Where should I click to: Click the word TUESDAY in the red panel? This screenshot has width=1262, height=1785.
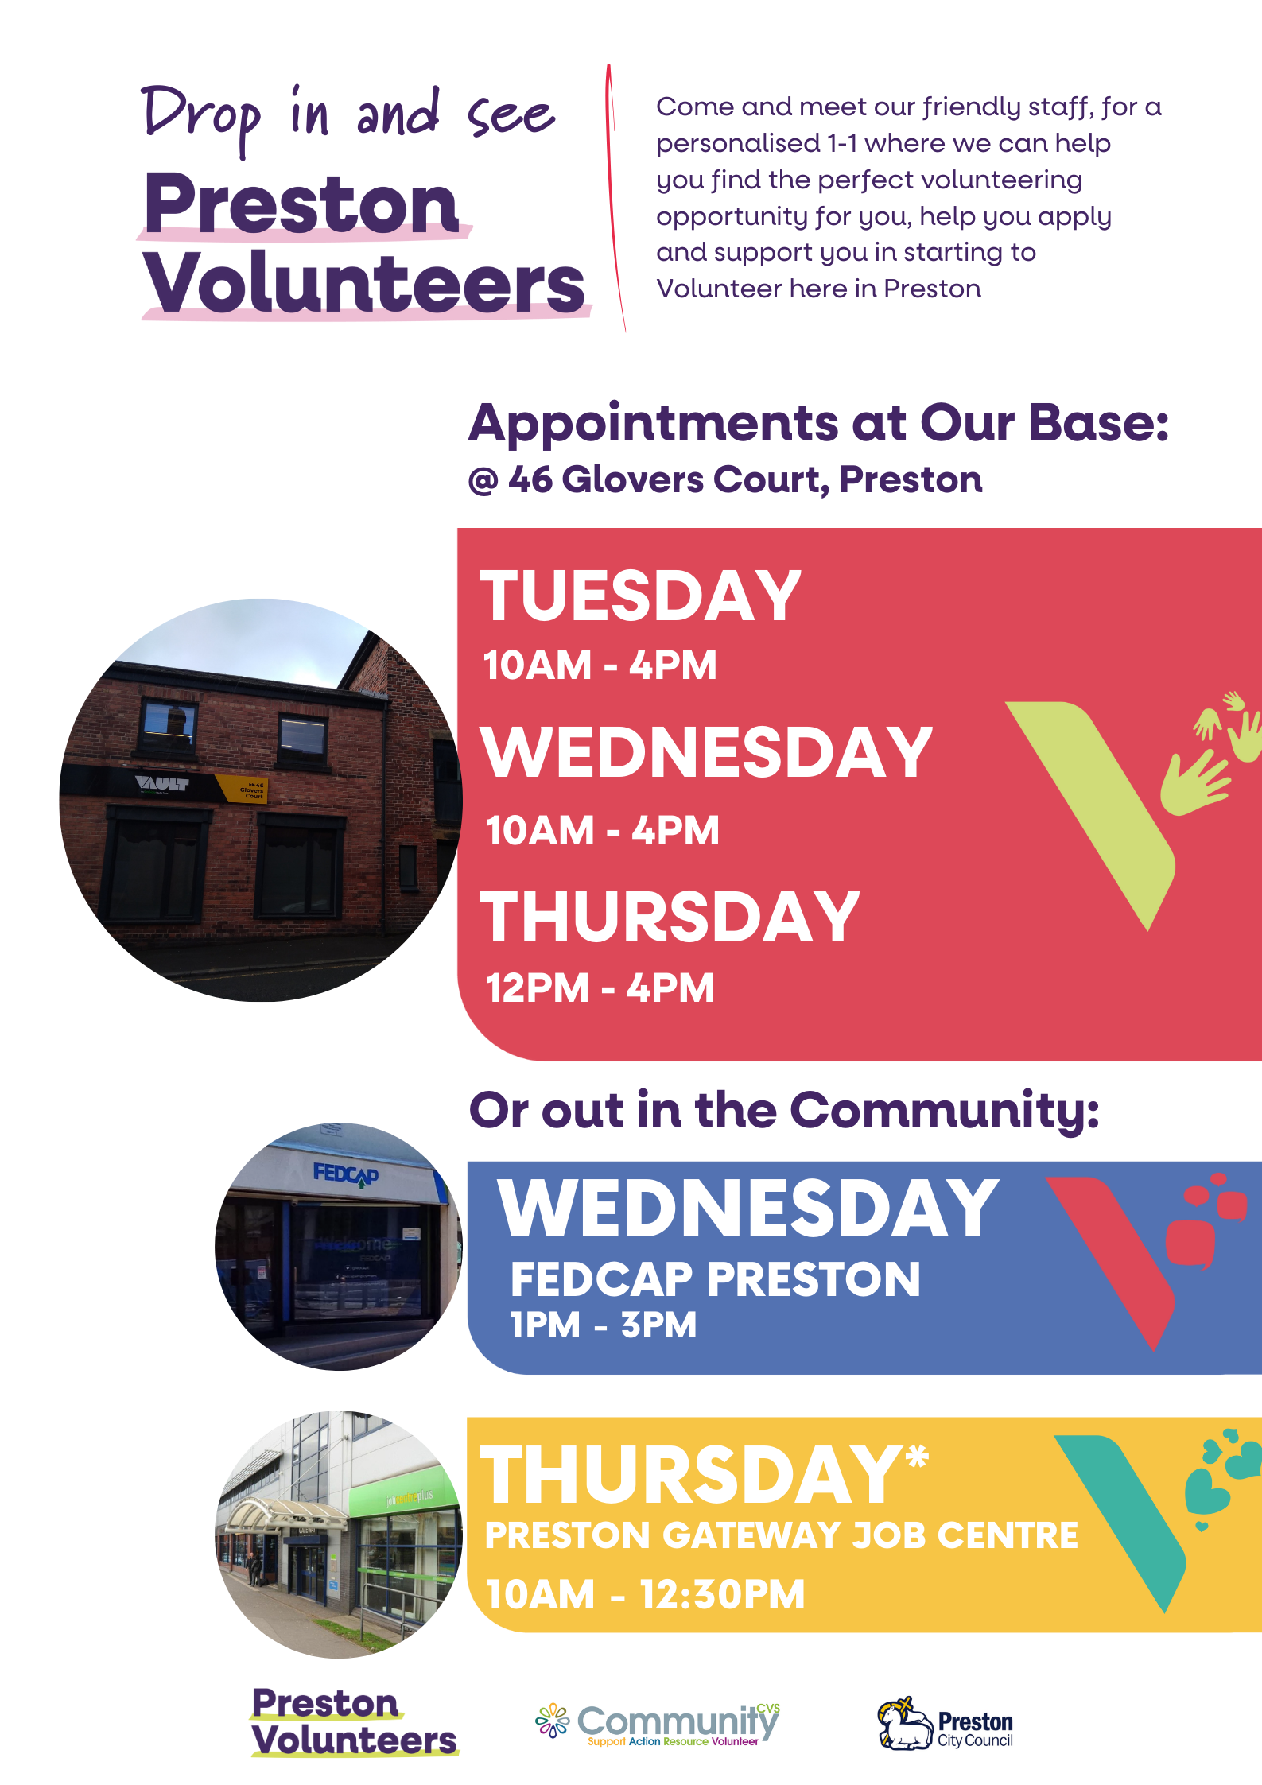[641, 596]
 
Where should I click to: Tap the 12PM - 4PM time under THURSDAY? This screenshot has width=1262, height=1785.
[600, 988]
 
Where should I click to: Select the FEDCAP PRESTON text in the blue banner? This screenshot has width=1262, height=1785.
[715, 1279]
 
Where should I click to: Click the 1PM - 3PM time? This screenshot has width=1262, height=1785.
[604, 1325]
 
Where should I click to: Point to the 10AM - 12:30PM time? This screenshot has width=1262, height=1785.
[646, 1594]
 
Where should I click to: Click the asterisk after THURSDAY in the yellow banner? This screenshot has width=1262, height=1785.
[918, 1457]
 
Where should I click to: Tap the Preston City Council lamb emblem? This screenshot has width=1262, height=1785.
[905, 1723]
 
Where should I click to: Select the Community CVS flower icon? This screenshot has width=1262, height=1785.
[553, 1721]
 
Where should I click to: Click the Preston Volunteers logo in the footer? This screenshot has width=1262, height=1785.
[355, 1722]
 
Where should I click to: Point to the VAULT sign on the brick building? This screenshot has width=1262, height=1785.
[162, 783]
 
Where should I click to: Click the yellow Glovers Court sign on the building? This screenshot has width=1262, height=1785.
[242, 790]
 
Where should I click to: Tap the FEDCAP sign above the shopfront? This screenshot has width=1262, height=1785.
[346, 1174]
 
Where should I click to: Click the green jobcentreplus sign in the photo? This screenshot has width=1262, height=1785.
[409, 1496]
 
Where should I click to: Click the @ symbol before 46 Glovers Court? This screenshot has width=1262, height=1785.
[483, 481]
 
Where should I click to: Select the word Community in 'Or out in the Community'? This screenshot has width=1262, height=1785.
[945, 1112]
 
